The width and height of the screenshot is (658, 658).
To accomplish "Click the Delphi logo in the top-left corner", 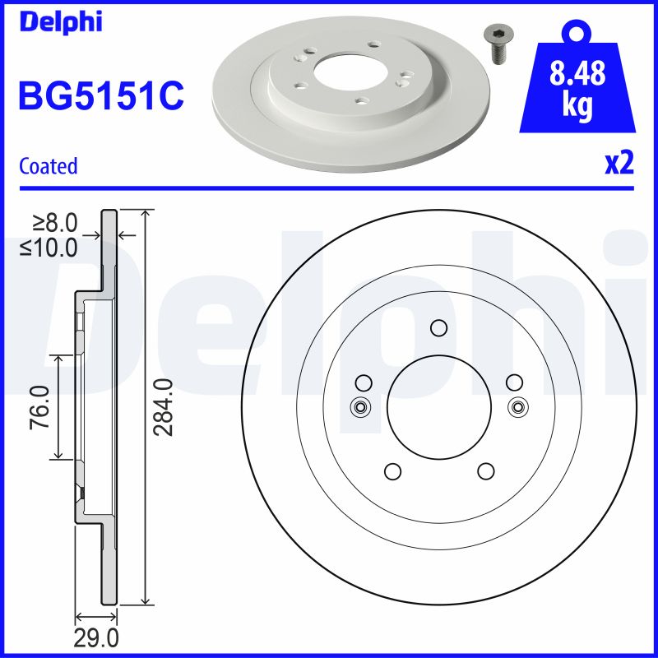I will (x=59, y=21).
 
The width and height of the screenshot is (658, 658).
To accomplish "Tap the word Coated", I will (x=48, y=166).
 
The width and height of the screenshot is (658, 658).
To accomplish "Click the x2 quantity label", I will (x=619, y=164).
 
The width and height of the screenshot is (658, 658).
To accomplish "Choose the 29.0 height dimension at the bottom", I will (x=97, y=637).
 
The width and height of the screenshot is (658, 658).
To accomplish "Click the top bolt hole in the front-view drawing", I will (x=438, y=328).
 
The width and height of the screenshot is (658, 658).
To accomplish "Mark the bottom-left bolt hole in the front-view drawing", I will (x=392, y=471).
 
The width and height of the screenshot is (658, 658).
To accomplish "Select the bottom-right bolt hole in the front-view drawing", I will (x=485, y=471).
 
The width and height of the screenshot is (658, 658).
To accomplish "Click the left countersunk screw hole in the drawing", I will (x=360, y=406).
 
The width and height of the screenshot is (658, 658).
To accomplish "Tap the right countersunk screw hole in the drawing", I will (x=517, y=406).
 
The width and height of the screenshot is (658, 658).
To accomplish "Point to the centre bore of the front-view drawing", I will (x=438, y=407).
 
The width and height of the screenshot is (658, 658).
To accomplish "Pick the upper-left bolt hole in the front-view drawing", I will (x=363, y=382).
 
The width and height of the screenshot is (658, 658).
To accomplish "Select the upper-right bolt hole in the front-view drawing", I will (x=514, y=382).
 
